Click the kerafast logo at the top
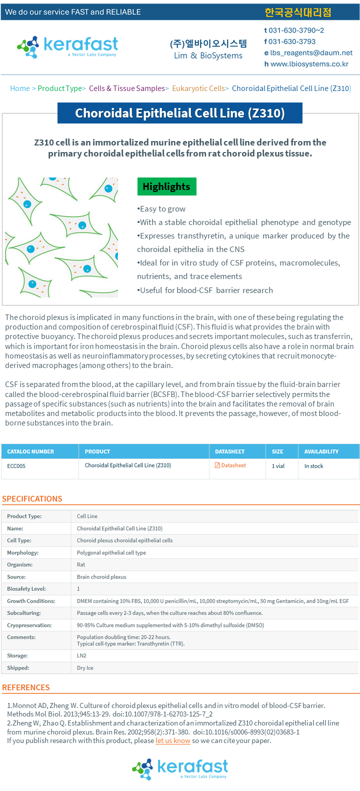(x=67, y=46)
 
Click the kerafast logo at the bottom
(x=180, y=768)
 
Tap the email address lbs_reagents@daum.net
(x=311, y=52)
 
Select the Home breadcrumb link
(x=20, y=88)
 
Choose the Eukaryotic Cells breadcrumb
(x=198, y=88)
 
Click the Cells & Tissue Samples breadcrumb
(x=126, y=88)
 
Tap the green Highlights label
(x=166, y=186)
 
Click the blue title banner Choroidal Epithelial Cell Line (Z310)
(x=180, y=113)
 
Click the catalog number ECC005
(x=16, y=466)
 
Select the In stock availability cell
(x=314, y=466)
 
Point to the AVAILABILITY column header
(x=321, y=451)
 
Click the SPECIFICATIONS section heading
(x=32, y=498)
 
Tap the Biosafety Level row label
(x=26, y=589)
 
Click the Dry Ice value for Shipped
(x=85, y=668)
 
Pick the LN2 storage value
(x=81, y=655)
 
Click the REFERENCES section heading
(x=26, y=687)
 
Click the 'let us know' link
(x=173, y=740)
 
